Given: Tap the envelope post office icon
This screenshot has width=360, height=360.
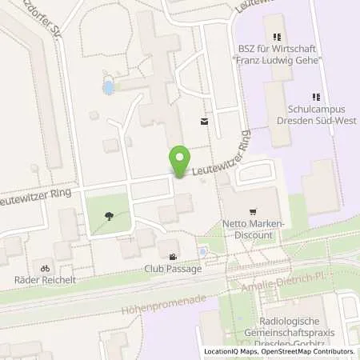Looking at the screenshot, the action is click(204, 122).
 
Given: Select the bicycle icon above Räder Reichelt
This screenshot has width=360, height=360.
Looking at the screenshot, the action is click(46, 267).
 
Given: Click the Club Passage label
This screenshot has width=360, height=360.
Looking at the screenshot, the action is click(173, 270).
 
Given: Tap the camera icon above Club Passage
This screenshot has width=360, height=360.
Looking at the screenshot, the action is click(174, 257).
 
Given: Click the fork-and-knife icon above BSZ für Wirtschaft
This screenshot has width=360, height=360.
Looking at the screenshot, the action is click(278, 37).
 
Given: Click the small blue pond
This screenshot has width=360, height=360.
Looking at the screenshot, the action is click(108, 86).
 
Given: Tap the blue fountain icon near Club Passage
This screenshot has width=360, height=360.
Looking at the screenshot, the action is click(202, 253).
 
